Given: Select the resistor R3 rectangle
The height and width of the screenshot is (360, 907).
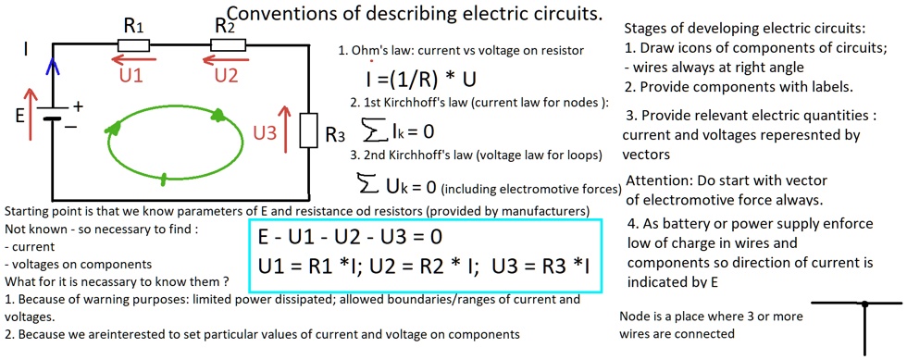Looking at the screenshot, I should click(x=310, y=131).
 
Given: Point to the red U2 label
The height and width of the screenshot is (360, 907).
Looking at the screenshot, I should click(x=225, y=76).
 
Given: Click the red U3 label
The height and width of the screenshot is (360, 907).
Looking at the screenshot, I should click(x=265, y=133).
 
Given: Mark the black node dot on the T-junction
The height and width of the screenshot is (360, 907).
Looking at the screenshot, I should click(x=864, y=304).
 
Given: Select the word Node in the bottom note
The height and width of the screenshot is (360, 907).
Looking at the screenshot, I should click(x=638, y=316).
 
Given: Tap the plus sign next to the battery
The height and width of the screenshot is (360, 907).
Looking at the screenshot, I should click(x=79, y=106).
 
